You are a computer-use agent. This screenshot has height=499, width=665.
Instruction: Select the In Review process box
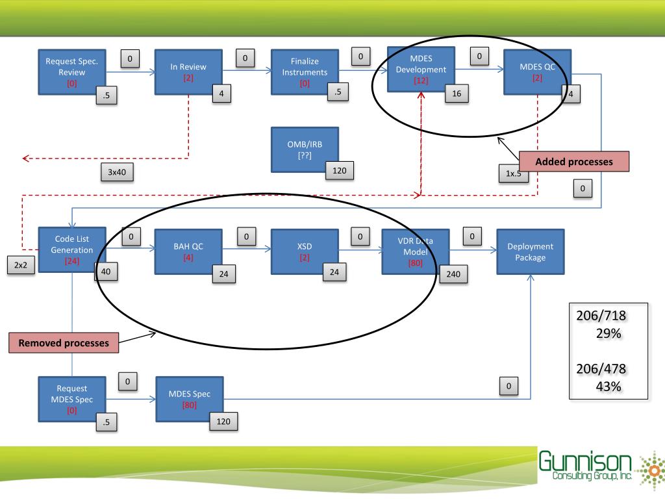(188, 71)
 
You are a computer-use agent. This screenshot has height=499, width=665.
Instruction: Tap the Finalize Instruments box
(304, 71)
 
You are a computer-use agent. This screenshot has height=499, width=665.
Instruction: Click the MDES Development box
(420, 68)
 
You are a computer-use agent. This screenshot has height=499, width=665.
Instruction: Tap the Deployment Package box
(531, 251)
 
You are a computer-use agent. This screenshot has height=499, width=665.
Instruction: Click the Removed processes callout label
(64, 343)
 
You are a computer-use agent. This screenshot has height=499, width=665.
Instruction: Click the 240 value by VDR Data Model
(453, 275)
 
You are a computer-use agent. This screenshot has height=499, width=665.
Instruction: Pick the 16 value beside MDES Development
(457, 94)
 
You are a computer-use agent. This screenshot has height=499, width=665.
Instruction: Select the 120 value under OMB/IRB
(338, 171)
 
